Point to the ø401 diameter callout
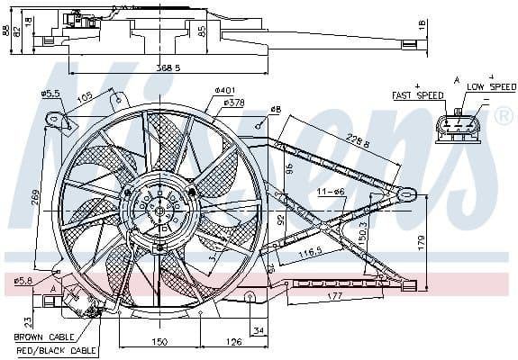click(x=224, y=90)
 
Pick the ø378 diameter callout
click(x=233, y=103)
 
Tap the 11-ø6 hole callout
click(x=331, y=192)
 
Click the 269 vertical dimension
click(x=34, y=197)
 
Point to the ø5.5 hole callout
click(x=50, y=94)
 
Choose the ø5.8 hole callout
click(x=23, y=281)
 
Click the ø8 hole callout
click(x=276, y=110)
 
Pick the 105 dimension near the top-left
click(x=85, y=97)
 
